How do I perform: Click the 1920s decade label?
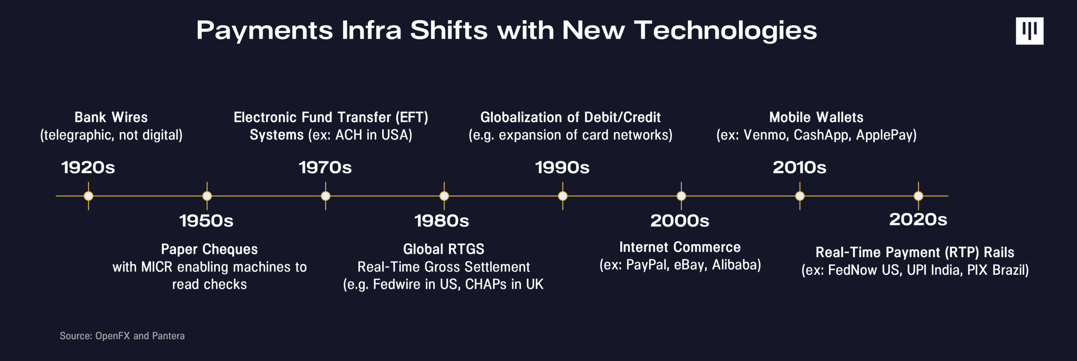coord(88,167)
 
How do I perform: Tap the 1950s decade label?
coord(206,221)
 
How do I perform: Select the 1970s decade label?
coord(325,167)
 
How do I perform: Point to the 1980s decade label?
coord(441,221)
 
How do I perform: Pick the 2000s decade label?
coord(680,221)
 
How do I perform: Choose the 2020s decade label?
coord(918,219)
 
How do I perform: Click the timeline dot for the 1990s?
coord(563,196)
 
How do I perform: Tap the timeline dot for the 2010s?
coord(800,196)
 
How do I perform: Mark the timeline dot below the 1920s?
coord(88,196)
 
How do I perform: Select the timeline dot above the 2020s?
coord(918,196)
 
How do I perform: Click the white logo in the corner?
coord(1029,31)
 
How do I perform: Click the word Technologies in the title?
coord(726,31)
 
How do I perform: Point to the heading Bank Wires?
coord(111,117)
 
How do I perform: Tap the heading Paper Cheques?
coord(209,249)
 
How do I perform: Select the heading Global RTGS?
coord(444,249)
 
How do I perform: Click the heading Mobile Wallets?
coord(816,117)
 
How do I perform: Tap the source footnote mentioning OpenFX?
coord(122,336)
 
